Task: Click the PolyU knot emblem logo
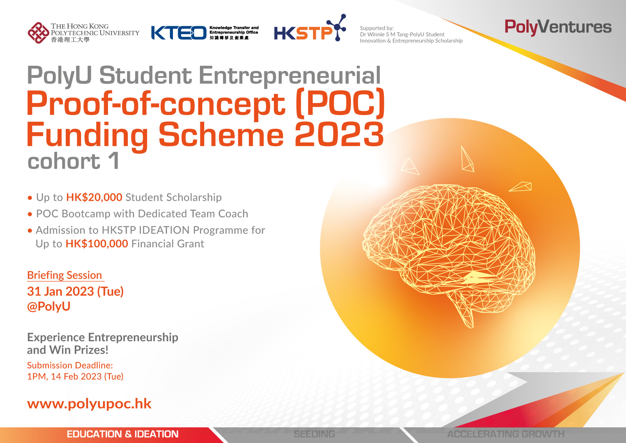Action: click(x=38, y=33)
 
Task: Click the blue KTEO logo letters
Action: click(x=179, y=33)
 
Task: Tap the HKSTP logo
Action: click(x=310, y=28)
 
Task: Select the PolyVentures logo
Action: click(x=558, y=27)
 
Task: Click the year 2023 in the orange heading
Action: click(x=339, y=134)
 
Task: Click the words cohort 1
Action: click(x=73, y=161)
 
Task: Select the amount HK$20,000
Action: click(x=94, y=197)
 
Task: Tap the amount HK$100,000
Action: click(x=97, y=244)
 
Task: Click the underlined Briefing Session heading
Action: click(x=65, y=275)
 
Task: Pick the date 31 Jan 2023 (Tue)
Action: click(x=75, y=292)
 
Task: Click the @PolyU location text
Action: click(x=49, y=306)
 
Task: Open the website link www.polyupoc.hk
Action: click(x=89, y=404)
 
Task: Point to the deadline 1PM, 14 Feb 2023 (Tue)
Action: click(x=75, y=376)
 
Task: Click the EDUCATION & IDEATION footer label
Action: click(x=122, y=434)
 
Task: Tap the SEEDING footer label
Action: click(x=315, y=434)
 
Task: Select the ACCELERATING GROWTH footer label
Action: click(x=506, y=434)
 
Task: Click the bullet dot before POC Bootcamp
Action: click(x=30, y=214)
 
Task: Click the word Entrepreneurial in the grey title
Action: click(x=290, y=76)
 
